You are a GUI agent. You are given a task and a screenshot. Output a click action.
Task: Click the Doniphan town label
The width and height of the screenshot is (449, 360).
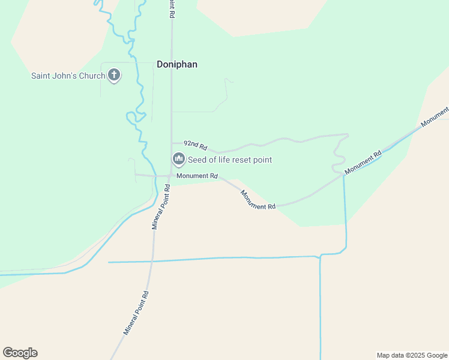point(176,64)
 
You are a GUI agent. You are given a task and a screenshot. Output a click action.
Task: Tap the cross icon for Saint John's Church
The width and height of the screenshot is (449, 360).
point(114,76)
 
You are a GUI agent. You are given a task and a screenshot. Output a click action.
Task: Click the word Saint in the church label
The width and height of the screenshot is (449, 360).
point(41,76)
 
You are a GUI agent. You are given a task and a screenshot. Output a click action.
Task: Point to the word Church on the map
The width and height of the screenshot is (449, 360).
point(92,76)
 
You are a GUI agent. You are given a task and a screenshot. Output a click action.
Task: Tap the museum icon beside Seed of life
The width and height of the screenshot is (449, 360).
point(178,159)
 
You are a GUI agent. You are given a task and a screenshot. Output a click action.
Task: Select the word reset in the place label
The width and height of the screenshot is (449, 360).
point(243,160)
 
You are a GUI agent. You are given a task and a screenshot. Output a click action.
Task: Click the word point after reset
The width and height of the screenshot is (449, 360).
point(263,160)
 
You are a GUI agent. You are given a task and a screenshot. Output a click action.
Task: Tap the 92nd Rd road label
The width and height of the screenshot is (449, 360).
point(195,145)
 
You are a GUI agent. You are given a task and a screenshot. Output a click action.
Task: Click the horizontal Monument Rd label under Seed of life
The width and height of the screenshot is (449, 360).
point(197,176)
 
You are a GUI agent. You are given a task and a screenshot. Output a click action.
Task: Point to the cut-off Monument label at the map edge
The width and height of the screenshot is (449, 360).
point(435,117)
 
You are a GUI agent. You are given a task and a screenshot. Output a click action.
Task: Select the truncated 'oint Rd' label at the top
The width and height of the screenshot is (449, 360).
point(172,8)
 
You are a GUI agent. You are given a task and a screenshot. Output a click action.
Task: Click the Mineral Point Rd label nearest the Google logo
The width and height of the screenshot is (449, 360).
point(136,313)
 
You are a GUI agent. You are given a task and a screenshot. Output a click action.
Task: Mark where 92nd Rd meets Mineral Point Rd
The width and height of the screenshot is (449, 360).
point(172,143)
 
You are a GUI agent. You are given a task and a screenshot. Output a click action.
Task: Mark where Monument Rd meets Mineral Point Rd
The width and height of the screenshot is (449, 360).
point(171,176)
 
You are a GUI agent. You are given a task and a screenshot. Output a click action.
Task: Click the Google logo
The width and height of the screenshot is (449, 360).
point(20,353)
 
